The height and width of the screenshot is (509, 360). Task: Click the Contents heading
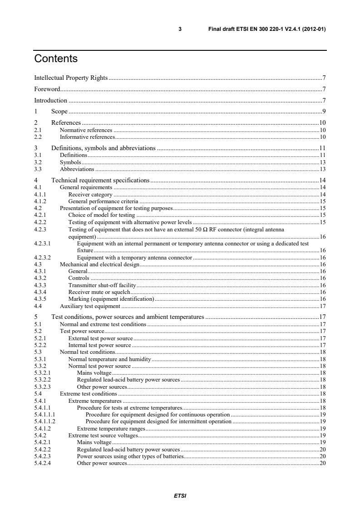click(56, 59)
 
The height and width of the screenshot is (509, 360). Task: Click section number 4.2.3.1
click(43, 244)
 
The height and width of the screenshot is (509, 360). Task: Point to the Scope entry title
click(59, 111)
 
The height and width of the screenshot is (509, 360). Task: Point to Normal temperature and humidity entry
click(109, 358)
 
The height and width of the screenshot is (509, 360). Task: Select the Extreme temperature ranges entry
click(111, 428)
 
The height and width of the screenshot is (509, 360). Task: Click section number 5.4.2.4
click(42, 463)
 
